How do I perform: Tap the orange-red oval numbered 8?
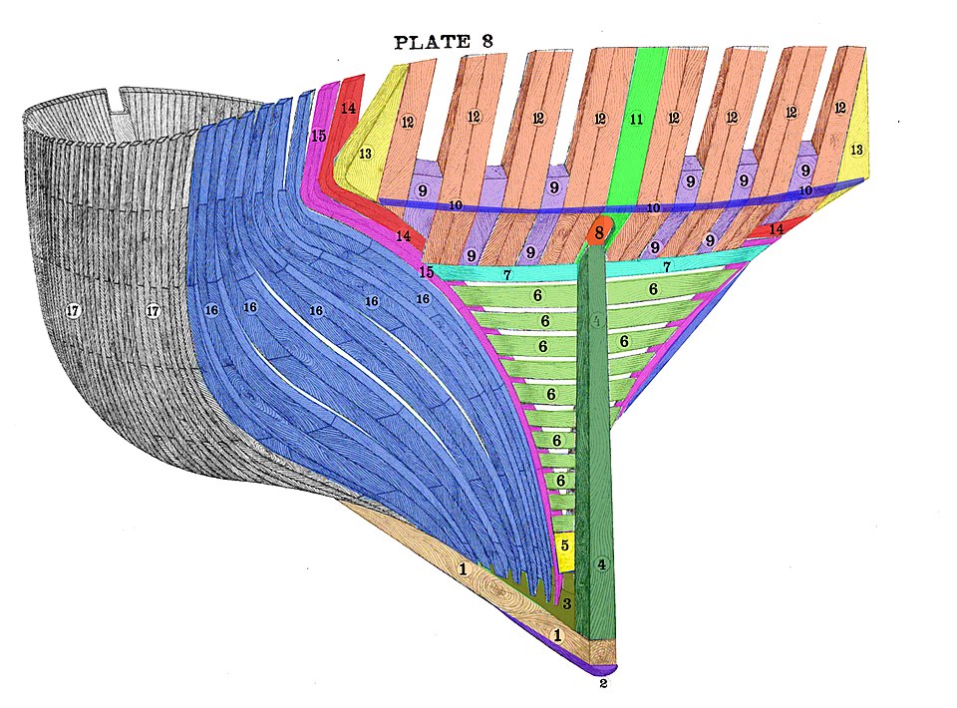[x=598, y=234]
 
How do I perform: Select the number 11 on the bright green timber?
[x=636, y=119]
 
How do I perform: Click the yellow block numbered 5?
[x=565, y=547]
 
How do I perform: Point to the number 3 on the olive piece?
[x=566, y=603]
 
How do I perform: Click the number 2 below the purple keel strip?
[x=603, y=684]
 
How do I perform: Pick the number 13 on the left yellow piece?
[x=365, y=154]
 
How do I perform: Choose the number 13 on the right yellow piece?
[x=857, y=149]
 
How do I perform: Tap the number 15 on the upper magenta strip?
[x=318, y=136]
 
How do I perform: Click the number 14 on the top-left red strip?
[x=347, y=108]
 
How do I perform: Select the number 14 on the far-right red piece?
[x=776, y=228]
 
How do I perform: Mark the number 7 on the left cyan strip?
[x=506, y=273]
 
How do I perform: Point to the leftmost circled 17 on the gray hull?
[x=72, y=311]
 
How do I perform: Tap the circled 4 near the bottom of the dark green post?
[x=601, y=564]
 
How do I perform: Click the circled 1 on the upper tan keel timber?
[x=463, y=569]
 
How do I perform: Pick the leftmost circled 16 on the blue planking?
[x=211, y=310]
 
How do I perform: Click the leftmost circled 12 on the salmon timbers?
[x=408, y=122]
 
